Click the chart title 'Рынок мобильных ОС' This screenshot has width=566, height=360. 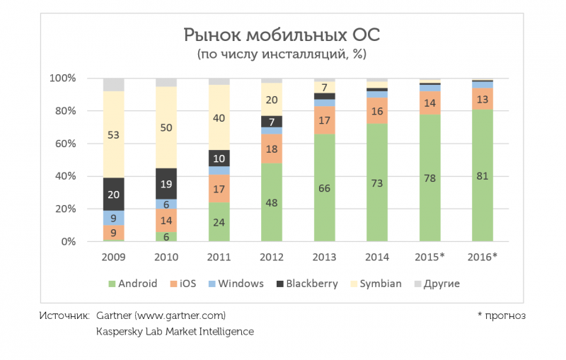tap(281, 35)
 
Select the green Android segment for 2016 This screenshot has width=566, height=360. tap(483, 176)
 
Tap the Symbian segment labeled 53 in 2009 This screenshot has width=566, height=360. tap(114, 134)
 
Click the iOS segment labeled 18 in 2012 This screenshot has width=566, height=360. tap(272, 149)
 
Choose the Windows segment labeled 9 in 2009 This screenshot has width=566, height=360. tap(114, 218)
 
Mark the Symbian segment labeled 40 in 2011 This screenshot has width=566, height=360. tap(219, 117)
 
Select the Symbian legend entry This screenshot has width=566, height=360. tap(374, 284)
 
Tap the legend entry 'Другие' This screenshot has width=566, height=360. tap(437, 284)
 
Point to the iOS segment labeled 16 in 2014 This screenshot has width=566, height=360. tap(377, 111)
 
